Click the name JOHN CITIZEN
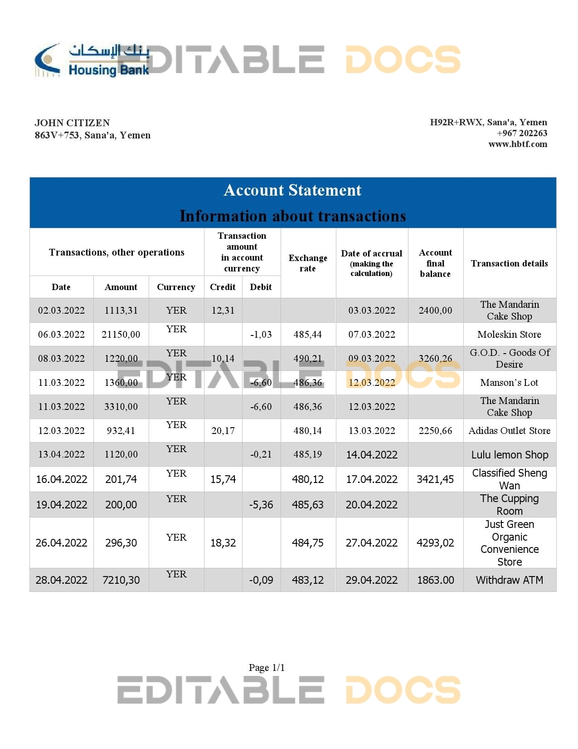point(72,123)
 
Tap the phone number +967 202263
point(522,133)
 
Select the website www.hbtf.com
point(518,144)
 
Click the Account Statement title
point(292,190)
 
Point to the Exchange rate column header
point(308,263)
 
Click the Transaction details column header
point(509,263)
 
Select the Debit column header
point(261,287)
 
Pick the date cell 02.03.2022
point(61,310)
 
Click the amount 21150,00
point(121,335)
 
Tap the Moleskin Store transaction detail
point(509,335)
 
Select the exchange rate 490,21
point(308,359)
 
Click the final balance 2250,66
point(435,431)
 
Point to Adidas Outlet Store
point(509,431)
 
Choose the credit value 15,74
point(223,479)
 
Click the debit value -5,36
point(261,505)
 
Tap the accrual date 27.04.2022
point(371,543)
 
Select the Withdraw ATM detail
point(509,580)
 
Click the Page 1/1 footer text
point(267,667)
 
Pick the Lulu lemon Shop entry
point(510,455)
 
